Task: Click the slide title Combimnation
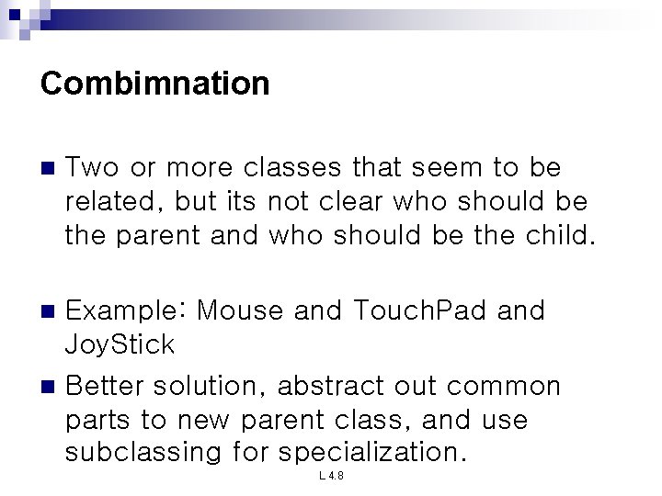click(155, 85)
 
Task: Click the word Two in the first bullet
click(91, 168)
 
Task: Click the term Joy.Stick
click(120, 345)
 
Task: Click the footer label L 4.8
click(330, 477)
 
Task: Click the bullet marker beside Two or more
click(49, 169)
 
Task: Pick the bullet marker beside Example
click(49, 312)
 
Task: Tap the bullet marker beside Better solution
click(49, 386)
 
